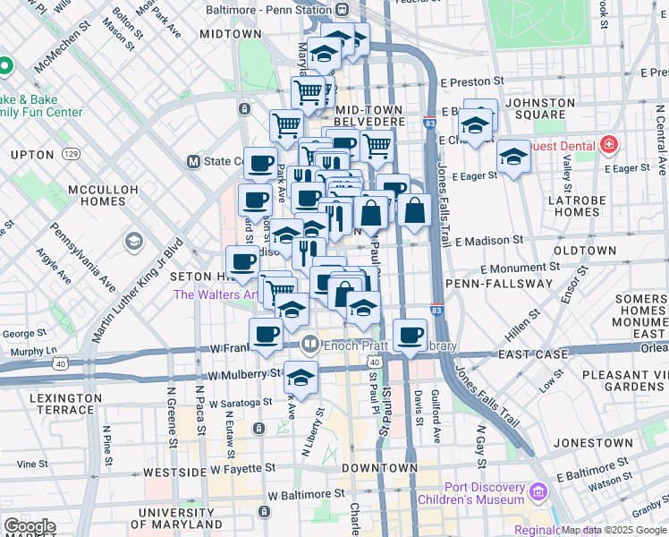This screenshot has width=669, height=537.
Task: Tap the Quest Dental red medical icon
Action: click(609, 144)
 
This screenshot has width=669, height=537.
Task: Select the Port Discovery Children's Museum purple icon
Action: click(537, 492)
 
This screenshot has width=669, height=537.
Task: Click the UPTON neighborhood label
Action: click(32, 155)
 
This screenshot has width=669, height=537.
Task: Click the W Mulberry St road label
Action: click(240, 376)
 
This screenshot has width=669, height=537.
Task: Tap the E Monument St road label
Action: click(520, 267)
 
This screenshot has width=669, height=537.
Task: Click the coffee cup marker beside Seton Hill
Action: click(243, 263)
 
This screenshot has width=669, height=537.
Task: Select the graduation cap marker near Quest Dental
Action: click(513, 158)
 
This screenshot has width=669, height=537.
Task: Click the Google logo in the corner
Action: click(30, 525)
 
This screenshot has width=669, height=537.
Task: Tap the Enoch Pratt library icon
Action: click(309, 344)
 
